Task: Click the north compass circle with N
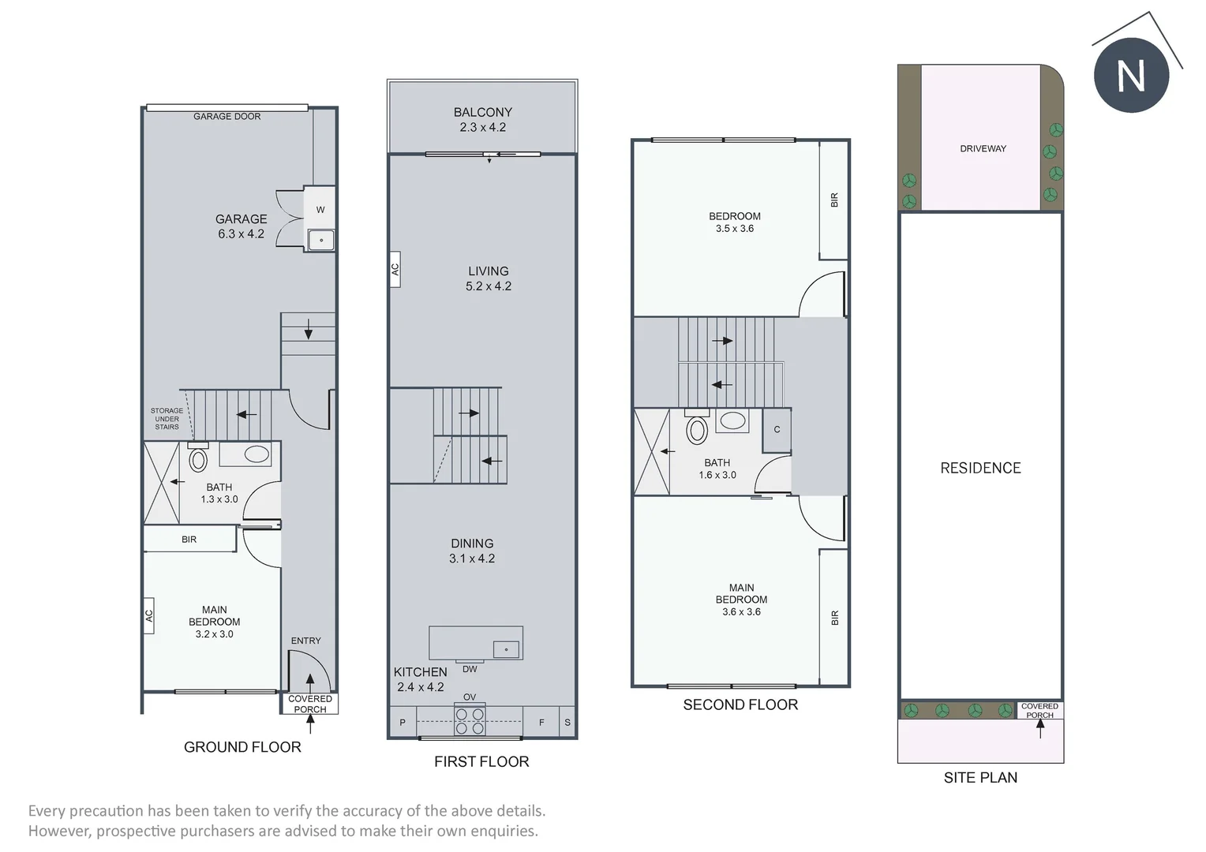pos(1130,75)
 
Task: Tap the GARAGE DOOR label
pos(227,117)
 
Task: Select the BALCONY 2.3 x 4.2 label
pos(482,120)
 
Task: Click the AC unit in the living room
pos(395,269)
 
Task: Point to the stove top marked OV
pos(470,721)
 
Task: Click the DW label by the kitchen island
pos(470,669)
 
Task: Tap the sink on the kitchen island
pos(506,649)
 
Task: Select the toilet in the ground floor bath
pos(197,458)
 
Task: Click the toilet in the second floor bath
pos(697,429)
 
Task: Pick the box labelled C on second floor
pos(777,430)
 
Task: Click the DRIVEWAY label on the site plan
pos(983,148)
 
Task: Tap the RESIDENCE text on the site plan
pos(980,468)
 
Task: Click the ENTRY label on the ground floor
pos(305,641)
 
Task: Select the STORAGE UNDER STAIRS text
pos(167,419)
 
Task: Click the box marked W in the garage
pos(320,209)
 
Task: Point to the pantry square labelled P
pos(403,723)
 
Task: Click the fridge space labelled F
pos(541,723)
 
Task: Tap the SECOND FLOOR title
pos(740,704)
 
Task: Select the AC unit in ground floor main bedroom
pos(148,615)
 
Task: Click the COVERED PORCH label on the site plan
pos(1039,710)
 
